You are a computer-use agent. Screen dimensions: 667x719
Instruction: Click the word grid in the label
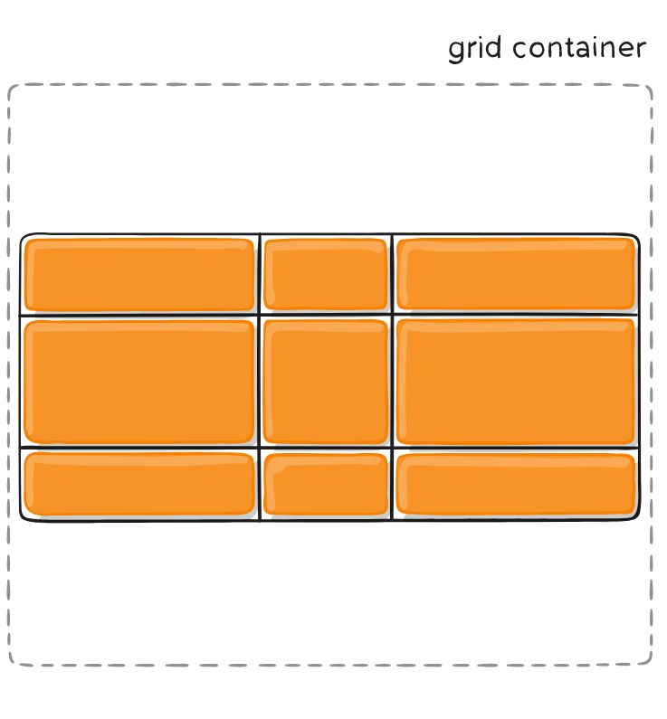pyautogui.click(x=475, y=49)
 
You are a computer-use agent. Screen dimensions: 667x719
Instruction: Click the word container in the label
pyautogui.click(x=579, y=48)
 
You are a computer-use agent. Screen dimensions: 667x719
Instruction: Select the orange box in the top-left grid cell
pyautogui.click(x=139, y=275)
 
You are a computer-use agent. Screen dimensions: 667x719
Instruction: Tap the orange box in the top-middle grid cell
pyautogui.click(x=326, y=275)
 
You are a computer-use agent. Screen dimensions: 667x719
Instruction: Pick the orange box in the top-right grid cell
pyautogui.click(x=516, y=274)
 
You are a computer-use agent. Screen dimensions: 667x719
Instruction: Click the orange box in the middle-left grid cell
pyautogui.click(x=139, y=381)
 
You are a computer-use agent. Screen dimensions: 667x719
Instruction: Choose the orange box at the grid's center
pyautogui.click(x=326, y=381)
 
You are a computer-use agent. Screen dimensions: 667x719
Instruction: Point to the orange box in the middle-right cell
pyautogui.click(x=516, y=381)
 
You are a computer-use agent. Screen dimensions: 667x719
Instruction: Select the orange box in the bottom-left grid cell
pyautogui.click(x=139, y=484)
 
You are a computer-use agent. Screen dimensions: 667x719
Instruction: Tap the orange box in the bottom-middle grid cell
pyautogui.click(x=326, y=484)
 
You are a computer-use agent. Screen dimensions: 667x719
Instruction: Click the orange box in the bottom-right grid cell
pyautogui.click(x=516, y=484)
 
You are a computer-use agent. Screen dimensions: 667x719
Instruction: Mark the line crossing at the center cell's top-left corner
pyautogui.click(x=260, y=316)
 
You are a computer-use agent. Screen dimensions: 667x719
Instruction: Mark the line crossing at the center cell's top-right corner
pyautogui.click(x=393, y=316)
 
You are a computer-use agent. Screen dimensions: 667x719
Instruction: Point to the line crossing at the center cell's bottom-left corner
pyautogui.click(x=260, y=447)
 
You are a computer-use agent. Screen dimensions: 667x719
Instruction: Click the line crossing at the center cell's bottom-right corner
pyautogui.click(x=393, y=447)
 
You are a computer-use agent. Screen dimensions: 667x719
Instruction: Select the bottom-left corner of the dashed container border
pyautogui.click(x=12, y=663)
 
